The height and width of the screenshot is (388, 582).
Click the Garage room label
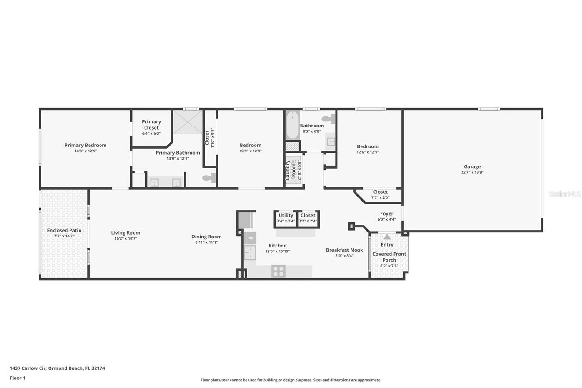click(x=472, y=166)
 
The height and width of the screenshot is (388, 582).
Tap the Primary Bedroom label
click(x=85, y=145)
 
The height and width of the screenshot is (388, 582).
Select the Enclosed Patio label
click(x=64, y=230)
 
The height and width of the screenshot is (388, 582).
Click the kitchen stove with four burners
click(x=278, y=271)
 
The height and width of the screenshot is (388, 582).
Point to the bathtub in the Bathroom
click(x=292, y=125)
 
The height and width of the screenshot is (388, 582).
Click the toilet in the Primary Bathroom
click(x=209, y=179)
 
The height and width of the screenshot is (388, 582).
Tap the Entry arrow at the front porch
click(x=387, y=237)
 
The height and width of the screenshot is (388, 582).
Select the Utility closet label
click(x=286, y=216)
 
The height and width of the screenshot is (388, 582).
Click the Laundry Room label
click(x=291, y=169)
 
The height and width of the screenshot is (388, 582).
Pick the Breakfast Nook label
click(x=344, y=250)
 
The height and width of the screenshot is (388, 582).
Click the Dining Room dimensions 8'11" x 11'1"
click(x=206, y=242)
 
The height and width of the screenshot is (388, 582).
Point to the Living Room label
click(x=125, y=233)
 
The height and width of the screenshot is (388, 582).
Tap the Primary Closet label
click(x=151, y=125)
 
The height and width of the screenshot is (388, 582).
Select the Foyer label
click(x=386, y=214)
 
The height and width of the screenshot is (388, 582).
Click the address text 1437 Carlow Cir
click(x=35, y=368)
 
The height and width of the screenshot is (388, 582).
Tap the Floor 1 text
click(x=18, y=378)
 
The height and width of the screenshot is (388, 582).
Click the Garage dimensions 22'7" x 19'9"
click(x=472, y=172)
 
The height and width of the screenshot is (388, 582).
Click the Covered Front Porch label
click(x=389, y=257)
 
